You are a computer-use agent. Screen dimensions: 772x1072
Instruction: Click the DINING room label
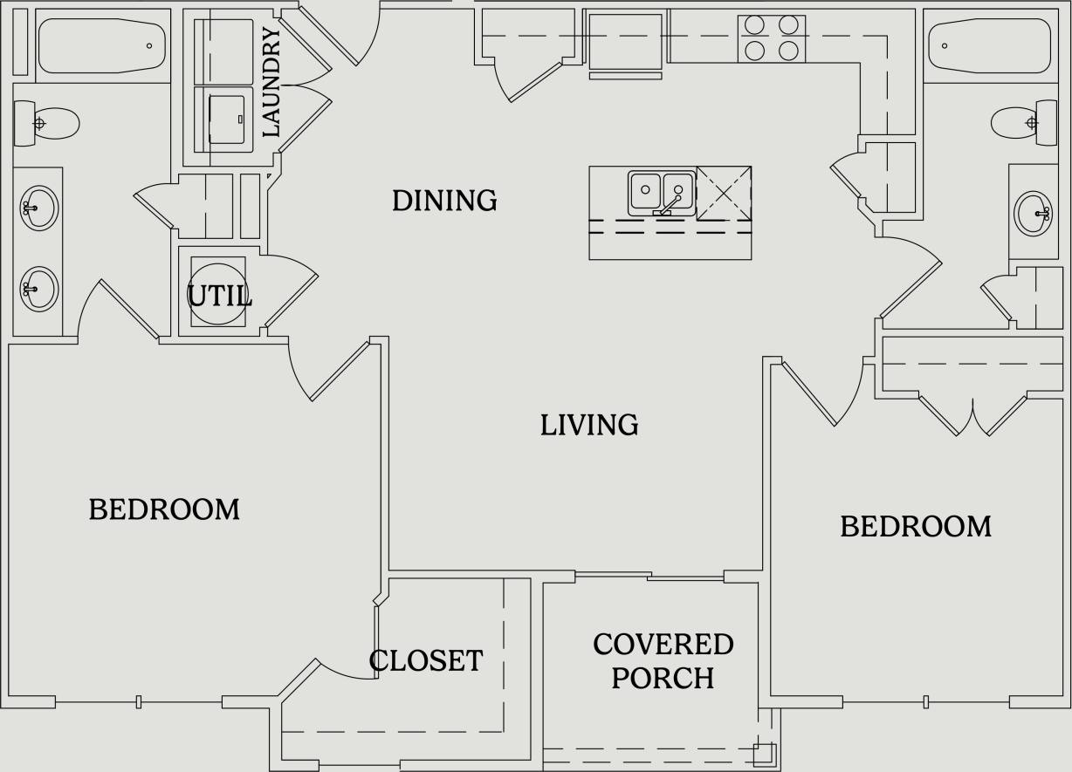[x=444, y=201]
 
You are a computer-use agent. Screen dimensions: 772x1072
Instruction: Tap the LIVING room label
[x=589, y=425]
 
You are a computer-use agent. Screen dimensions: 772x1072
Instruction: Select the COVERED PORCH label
[x=663, y=660]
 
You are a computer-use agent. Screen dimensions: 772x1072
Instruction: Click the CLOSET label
[x=426, y=660]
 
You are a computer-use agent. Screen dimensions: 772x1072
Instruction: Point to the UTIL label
[x=220, y=296]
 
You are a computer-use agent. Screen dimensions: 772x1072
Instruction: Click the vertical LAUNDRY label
[x=271, y=82]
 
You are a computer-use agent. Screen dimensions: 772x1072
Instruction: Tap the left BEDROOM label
[x=164, y=509]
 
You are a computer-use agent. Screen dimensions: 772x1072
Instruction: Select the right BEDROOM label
[x=916, y=526]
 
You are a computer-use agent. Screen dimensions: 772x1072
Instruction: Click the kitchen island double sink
[x=661, y=193]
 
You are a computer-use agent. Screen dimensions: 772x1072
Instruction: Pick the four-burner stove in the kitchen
[x=771, y=38]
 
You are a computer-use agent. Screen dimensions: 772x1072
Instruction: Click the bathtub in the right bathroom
[x=990, y=45]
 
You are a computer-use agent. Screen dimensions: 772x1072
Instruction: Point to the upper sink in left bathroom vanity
[x=38, y=208]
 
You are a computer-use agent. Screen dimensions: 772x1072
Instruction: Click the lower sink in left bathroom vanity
[x=38, y=289]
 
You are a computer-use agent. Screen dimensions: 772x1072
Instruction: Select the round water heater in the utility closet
[x=217, y=294]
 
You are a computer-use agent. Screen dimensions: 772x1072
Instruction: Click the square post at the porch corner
[x=764, y=753]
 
